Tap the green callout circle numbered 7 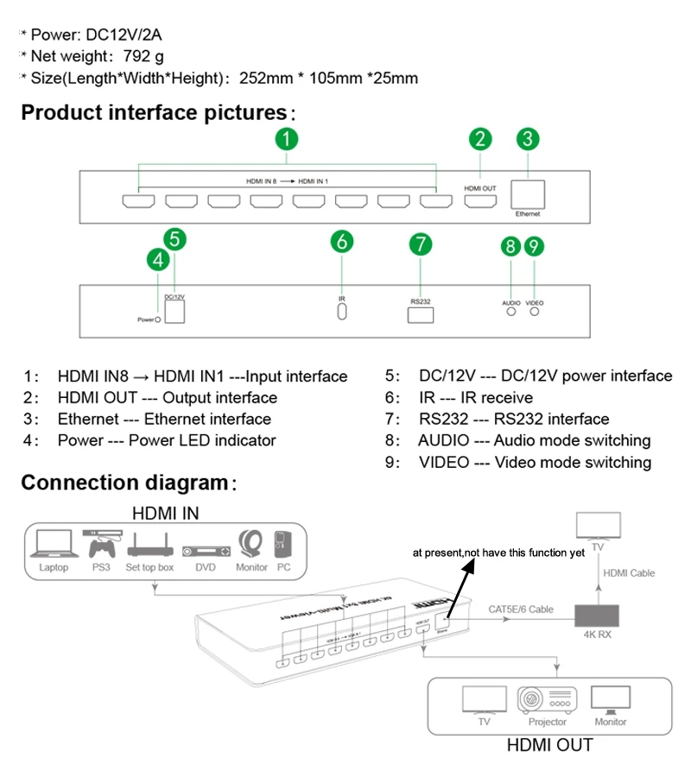point(420,243)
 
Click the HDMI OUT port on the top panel point(481,201)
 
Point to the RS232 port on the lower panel point(421,314)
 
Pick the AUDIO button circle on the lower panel point(511,313)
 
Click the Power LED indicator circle point(158,319)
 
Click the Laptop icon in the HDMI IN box point(54,546)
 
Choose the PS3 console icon point(101,544)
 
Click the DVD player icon point(206,551)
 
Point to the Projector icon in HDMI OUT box point(548,698)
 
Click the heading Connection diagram point(124,483)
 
